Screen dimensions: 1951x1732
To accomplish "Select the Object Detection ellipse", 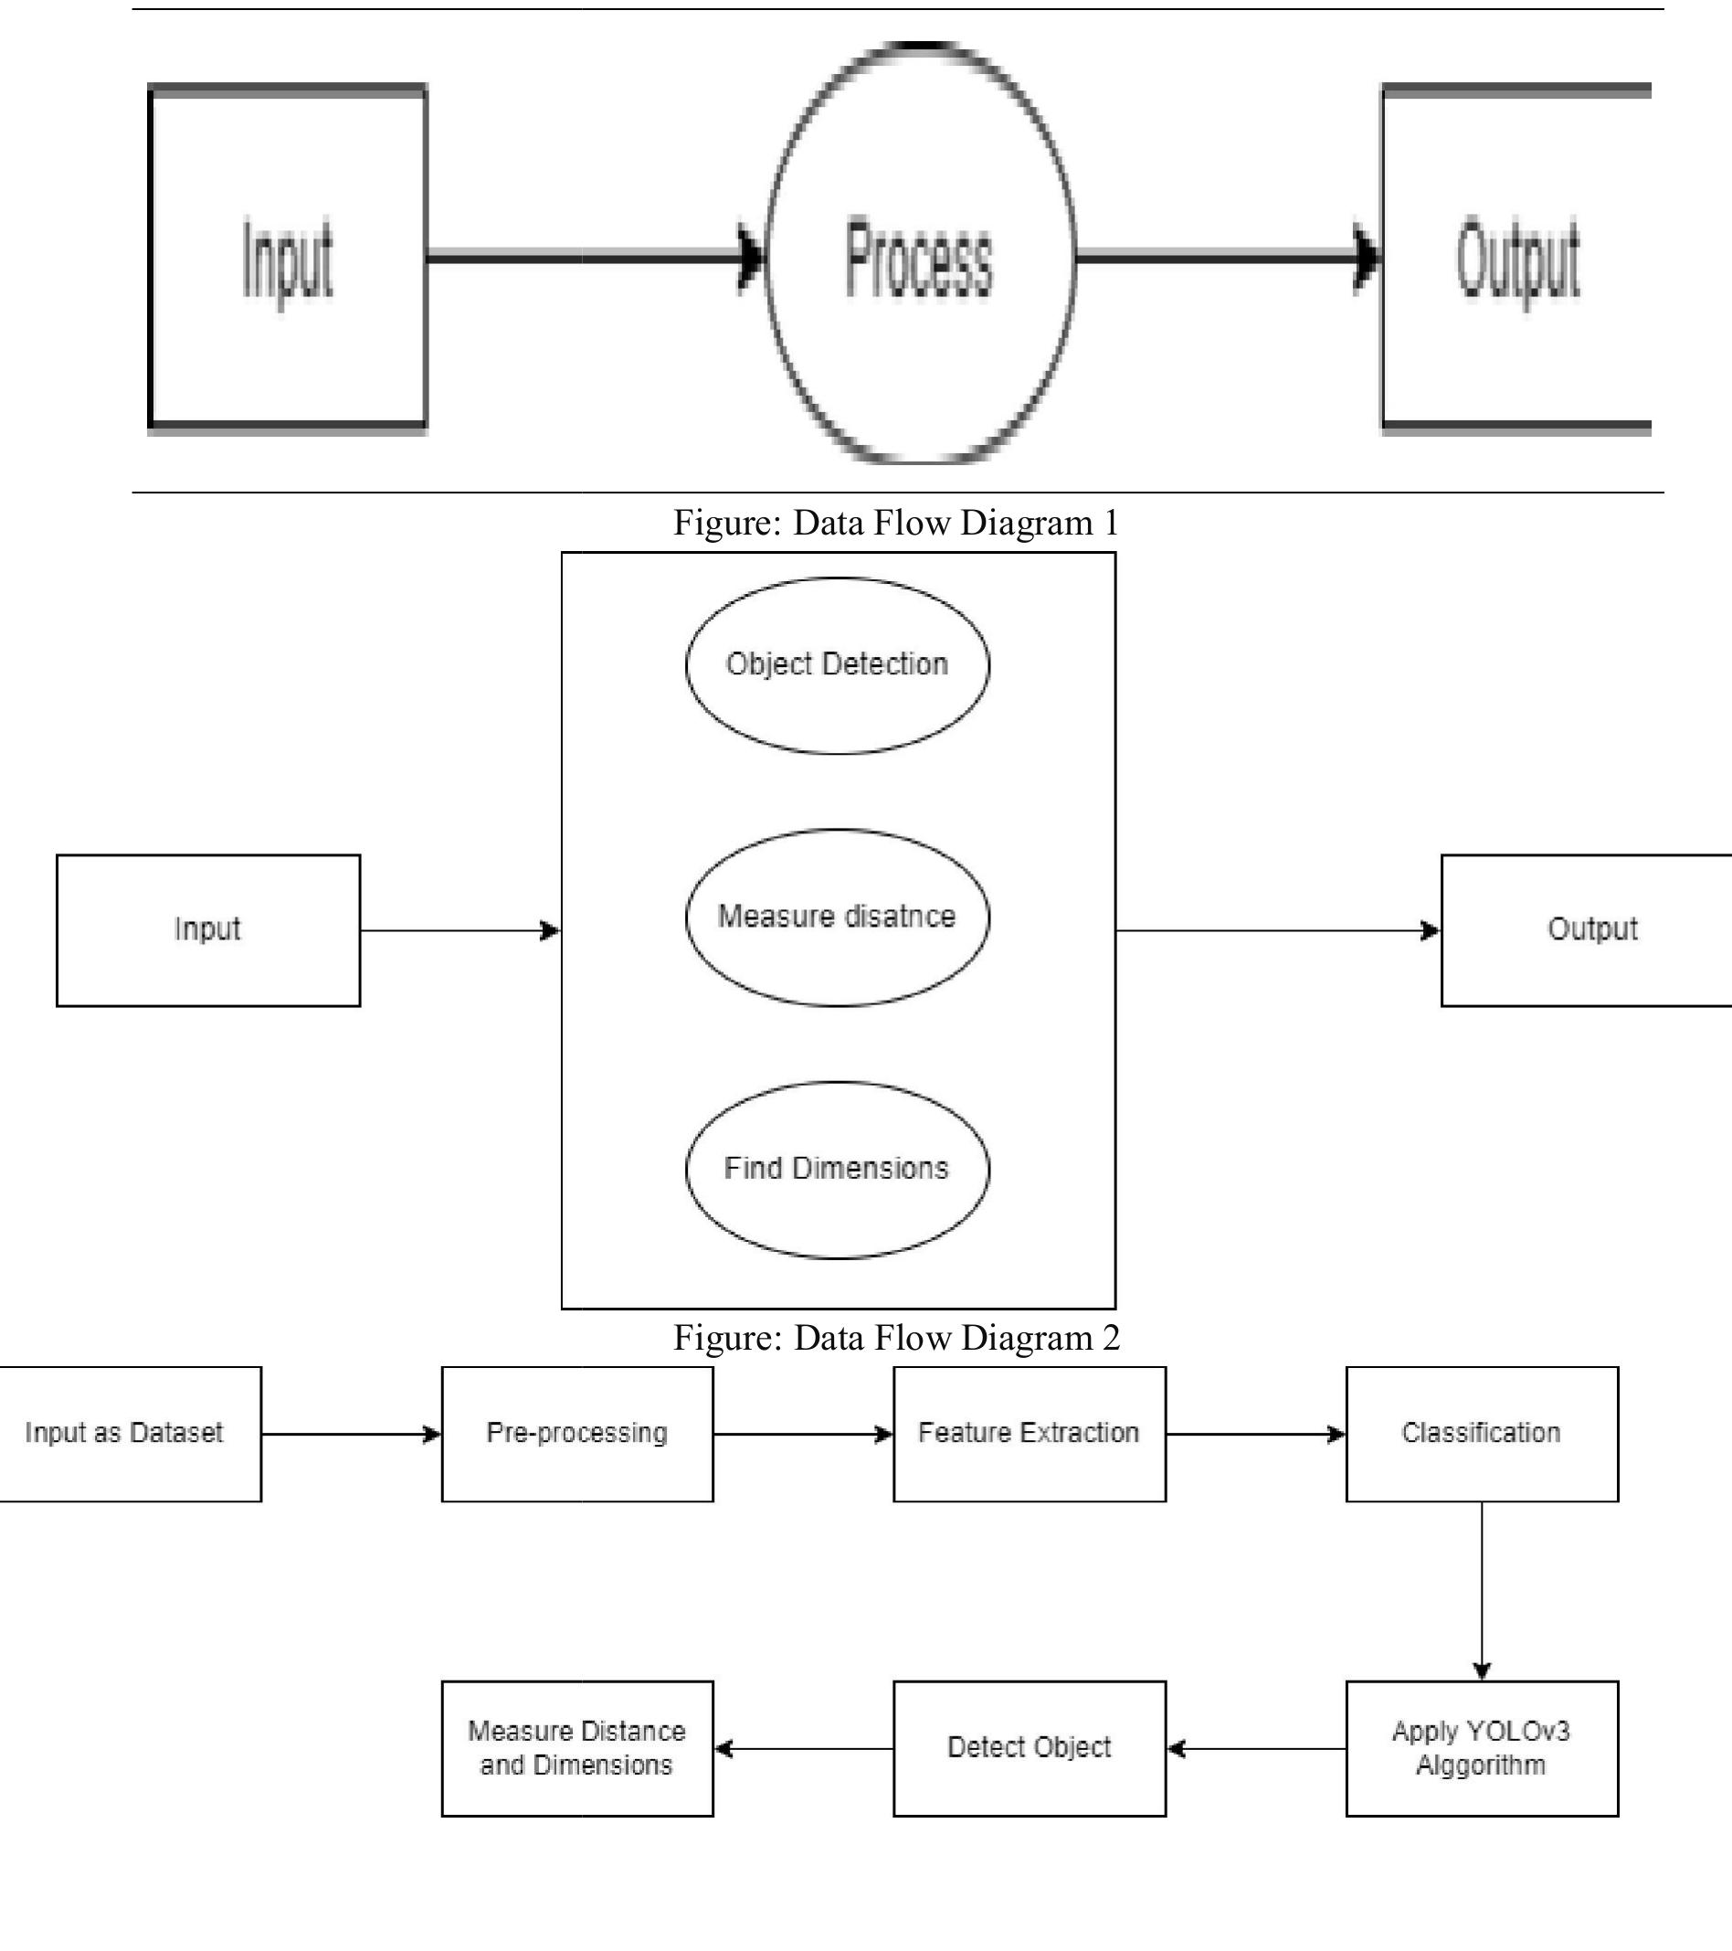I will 837,665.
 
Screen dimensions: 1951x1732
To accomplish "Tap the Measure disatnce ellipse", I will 837,917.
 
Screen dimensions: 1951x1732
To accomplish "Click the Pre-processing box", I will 577,1433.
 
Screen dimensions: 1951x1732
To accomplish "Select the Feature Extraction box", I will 1029,1433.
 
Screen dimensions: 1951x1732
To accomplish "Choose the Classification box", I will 1481,1433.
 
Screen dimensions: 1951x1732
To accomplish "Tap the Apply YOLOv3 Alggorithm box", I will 1481,1748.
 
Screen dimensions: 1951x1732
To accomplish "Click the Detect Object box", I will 1029,1748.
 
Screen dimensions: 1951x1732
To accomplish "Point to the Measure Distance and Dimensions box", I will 577,1748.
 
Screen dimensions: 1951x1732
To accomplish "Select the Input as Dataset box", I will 125,1433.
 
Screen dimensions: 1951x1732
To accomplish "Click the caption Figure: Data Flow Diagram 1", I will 895,523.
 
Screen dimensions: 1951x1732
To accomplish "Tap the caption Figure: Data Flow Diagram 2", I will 895,1337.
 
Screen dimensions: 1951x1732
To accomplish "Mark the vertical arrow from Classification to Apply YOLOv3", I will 1481,1589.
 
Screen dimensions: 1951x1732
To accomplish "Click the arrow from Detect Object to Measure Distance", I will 804,1749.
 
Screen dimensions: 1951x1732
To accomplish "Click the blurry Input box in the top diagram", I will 287,258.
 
